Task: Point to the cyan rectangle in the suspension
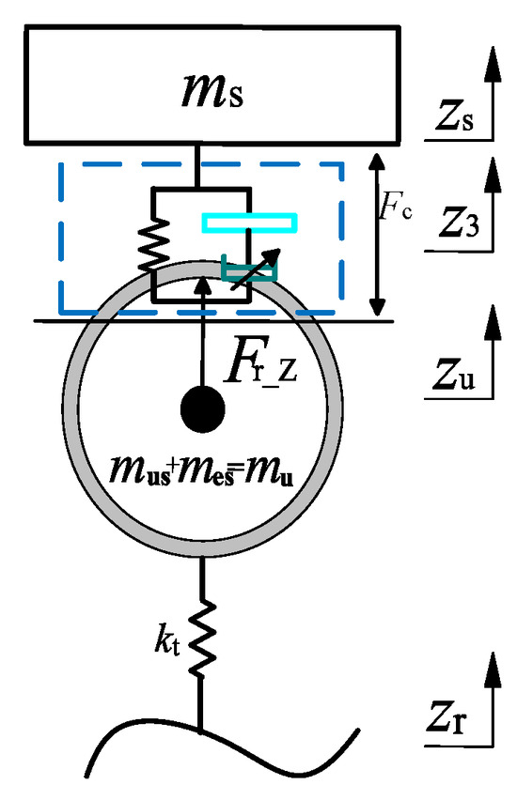click(250, 223)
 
